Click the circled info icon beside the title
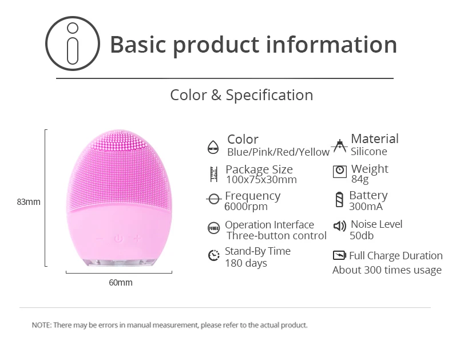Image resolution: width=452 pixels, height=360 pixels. point(73,43)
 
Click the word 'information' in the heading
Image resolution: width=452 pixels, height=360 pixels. point(331,45)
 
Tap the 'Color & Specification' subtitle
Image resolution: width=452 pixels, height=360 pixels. point(241,95)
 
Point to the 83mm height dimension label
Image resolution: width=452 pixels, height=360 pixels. point(29,202)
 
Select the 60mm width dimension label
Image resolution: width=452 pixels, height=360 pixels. point(121,283)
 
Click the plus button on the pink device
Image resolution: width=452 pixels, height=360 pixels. point(137,238)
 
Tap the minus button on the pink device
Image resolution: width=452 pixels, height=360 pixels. point(100,239)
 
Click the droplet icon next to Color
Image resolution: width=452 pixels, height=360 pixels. point(213,147)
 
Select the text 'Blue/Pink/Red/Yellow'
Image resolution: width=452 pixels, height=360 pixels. point(278,152)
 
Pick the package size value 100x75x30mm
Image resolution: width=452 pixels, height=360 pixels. point(261,180)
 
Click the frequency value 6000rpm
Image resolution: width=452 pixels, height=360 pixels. point(246,207)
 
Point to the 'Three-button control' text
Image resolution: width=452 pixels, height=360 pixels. point(276,236)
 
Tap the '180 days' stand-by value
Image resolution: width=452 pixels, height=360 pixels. point(246,263)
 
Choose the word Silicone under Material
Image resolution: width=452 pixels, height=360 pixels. point(368,152)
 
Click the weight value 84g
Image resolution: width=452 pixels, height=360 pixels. point(360,179)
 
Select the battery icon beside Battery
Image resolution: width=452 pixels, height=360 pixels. point(340,200)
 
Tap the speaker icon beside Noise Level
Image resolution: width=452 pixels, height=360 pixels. point(340,226)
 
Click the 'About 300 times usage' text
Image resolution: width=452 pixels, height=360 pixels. point(387,270)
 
